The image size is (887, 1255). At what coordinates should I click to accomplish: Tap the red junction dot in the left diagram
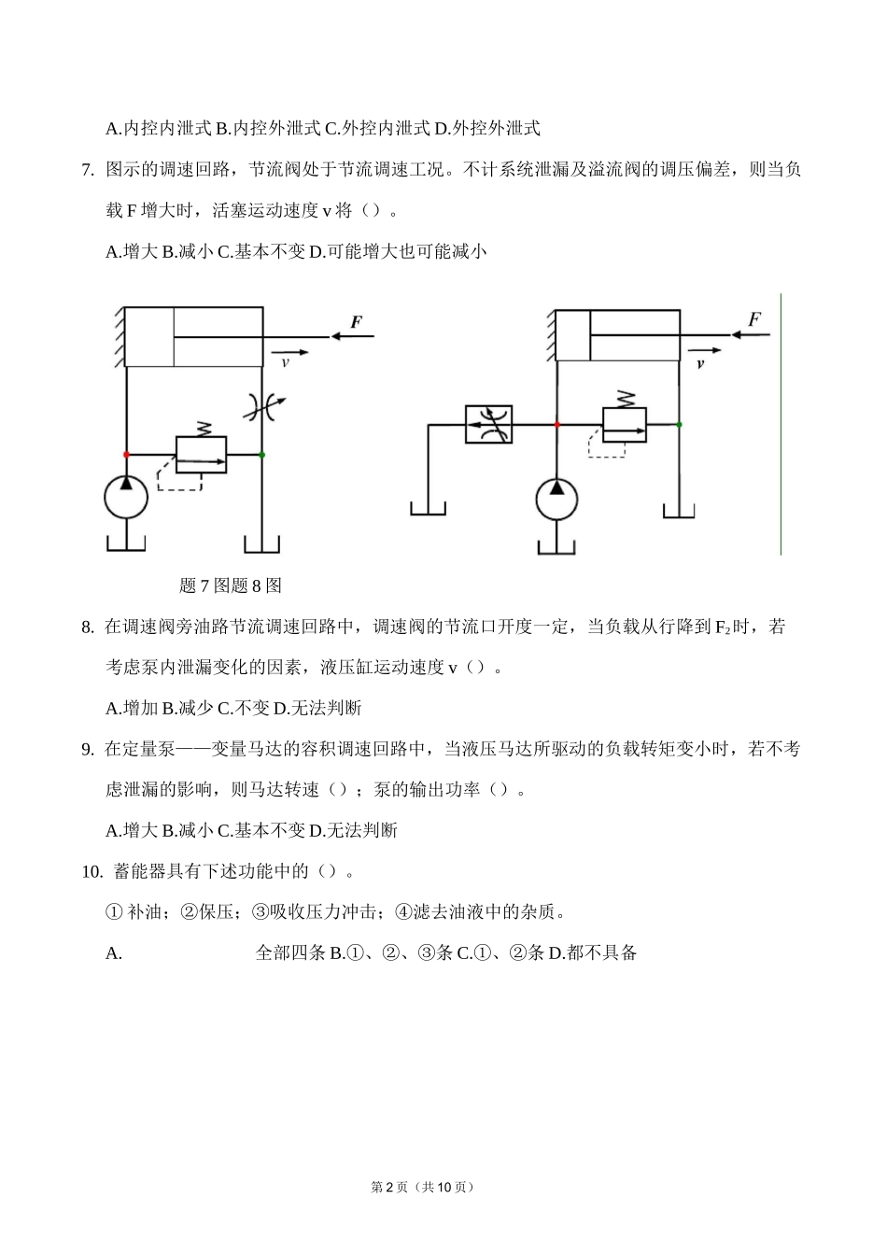[x=126, y=454]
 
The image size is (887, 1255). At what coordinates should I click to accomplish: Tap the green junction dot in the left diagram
[x=262, y=455]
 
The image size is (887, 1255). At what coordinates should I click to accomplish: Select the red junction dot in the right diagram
[x=556, y=425]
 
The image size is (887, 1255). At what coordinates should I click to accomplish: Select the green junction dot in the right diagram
[x=679, y=425]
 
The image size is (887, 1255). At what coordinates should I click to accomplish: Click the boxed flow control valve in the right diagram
[x=488, y=424]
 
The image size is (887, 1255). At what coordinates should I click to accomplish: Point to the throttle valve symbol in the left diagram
[x=263, y=405]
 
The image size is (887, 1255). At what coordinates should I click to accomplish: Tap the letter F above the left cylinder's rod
[x=356, y=323]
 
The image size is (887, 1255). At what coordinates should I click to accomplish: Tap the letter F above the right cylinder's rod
[x=754, y=319]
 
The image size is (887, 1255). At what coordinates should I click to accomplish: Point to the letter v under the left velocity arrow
[x=285, y=362]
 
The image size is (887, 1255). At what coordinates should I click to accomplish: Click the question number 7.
[x=88, y=170]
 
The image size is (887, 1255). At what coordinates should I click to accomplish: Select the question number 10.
[x=92, y=872]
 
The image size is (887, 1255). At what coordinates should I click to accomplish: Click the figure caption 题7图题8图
[x=230, y=586]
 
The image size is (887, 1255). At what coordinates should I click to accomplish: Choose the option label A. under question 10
[x=114, y=953]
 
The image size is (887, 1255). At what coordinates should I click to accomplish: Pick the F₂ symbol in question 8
[x=722, y=627]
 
